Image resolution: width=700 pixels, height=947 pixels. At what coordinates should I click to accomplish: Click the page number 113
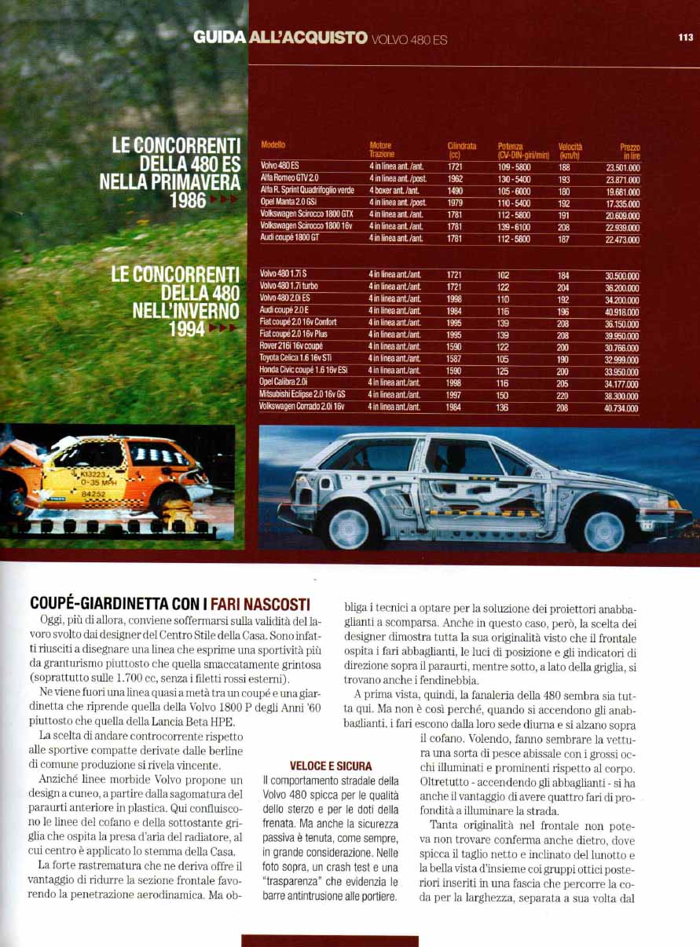click(686, 35)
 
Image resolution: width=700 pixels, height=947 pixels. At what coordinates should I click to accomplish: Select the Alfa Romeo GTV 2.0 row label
click(290, 178)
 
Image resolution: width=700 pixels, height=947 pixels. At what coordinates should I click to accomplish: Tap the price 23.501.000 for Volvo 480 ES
click(622, 166)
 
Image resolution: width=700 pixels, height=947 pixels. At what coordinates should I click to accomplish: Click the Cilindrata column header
click(461, 150)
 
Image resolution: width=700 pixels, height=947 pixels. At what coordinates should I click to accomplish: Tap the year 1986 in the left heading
click(186, 199)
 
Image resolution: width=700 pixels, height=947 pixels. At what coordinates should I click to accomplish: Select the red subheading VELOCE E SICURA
click(331, 766)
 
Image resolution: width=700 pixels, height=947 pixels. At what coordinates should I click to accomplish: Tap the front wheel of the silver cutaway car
click(603, 530)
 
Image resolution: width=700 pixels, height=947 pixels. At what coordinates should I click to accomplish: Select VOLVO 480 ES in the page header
click(409, 39)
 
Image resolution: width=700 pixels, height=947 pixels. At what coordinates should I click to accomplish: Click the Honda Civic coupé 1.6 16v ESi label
click(303, 370)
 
